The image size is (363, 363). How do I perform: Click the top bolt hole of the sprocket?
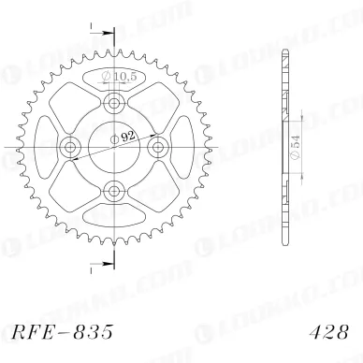(114, 102)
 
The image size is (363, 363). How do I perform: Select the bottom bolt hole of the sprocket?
(114, 191)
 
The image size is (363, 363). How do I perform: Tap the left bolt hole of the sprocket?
(70, 146)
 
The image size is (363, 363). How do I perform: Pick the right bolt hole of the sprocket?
(158, 146)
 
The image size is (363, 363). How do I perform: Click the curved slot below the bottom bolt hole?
(114, 214)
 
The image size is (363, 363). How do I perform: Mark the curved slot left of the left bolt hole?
(46, 146)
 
